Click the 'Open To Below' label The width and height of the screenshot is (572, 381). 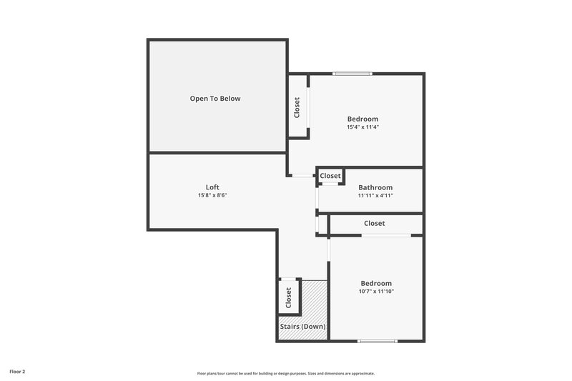click(214, 99)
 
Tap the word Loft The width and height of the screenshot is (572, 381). click(212, 187)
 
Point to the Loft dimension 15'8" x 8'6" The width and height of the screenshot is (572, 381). click(212, 195)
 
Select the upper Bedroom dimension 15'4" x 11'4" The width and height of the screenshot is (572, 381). click(363, 127)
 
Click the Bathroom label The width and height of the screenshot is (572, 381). click(375, 187)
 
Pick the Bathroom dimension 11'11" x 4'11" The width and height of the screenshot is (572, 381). click(375, 195)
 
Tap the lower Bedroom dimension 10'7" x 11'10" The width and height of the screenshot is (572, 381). click(376, 291)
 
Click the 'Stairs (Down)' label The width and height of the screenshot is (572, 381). click(302, 327)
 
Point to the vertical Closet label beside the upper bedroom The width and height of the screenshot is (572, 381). click(297, 107)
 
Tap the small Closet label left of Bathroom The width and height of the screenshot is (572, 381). click(330, 176)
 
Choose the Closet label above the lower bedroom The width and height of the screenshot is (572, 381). click(375, 223)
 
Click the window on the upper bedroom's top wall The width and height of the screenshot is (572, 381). click(352, 73)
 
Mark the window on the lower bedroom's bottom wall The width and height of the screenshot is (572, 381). click(377, 341)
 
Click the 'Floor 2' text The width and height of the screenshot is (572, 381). click(17, 372)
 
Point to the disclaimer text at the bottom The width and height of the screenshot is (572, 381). click(286, 373)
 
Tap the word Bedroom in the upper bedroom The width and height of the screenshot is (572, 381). click(363, 119)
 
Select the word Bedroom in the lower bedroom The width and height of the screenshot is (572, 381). click(376, 283)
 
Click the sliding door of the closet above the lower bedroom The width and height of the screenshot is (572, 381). click(386, 235)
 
